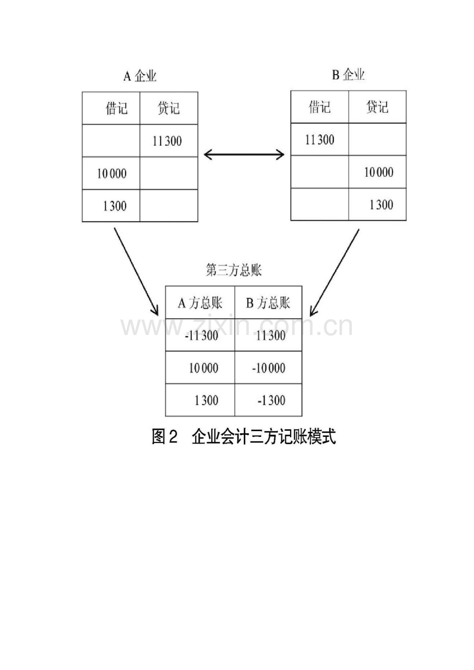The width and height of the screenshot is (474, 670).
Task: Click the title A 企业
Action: coord(140,76)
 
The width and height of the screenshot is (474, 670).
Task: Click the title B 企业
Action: coord(348,75)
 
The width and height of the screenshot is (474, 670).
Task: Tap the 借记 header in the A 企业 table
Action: coord(116,108)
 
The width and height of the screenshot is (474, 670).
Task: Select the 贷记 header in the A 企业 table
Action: coord(168,108)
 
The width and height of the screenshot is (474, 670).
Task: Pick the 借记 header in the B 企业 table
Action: coord(319,107)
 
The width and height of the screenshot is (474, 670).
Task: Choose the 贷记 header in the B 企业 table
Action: coord(377,107)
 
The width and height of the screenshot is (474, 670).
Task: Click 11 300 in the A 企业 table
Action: coord(167,141)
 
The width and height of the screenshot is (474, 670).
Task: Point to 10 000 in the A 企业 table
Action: coord(112,173)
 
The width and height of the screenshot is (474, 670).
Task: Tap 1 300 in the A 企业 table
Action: coord(115,206)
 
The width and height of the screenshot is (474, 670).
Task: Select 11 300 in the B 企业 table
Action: coord(319,139)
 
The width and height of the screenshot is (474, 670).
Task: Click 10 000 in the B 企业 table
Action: coord(379,172)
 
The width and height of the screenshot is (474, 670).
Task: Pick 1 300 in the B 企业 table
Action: coord(381,205)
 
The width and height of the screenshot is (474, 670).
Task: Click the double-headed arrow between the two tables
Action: coord(244,155)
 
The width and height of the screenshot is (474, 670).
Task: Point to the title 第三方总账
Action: coord(233,270)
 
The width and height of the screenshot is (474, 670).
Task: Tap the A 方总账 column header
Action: coord(200,303)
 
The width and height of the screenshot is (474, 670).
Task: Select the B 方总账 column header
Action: coord(268,303)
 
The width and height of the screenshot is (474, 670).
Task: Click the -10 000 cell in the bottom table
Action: coord(268,368)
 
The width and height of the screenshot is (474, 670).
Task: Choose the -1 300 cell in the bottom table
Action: coord(272,400)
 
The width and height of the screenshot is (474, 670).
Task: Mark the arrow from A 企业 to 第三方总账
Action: coord(136,272)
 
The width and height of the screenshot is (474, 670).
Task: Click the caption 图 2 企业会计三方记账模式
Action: coord(244,437)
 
